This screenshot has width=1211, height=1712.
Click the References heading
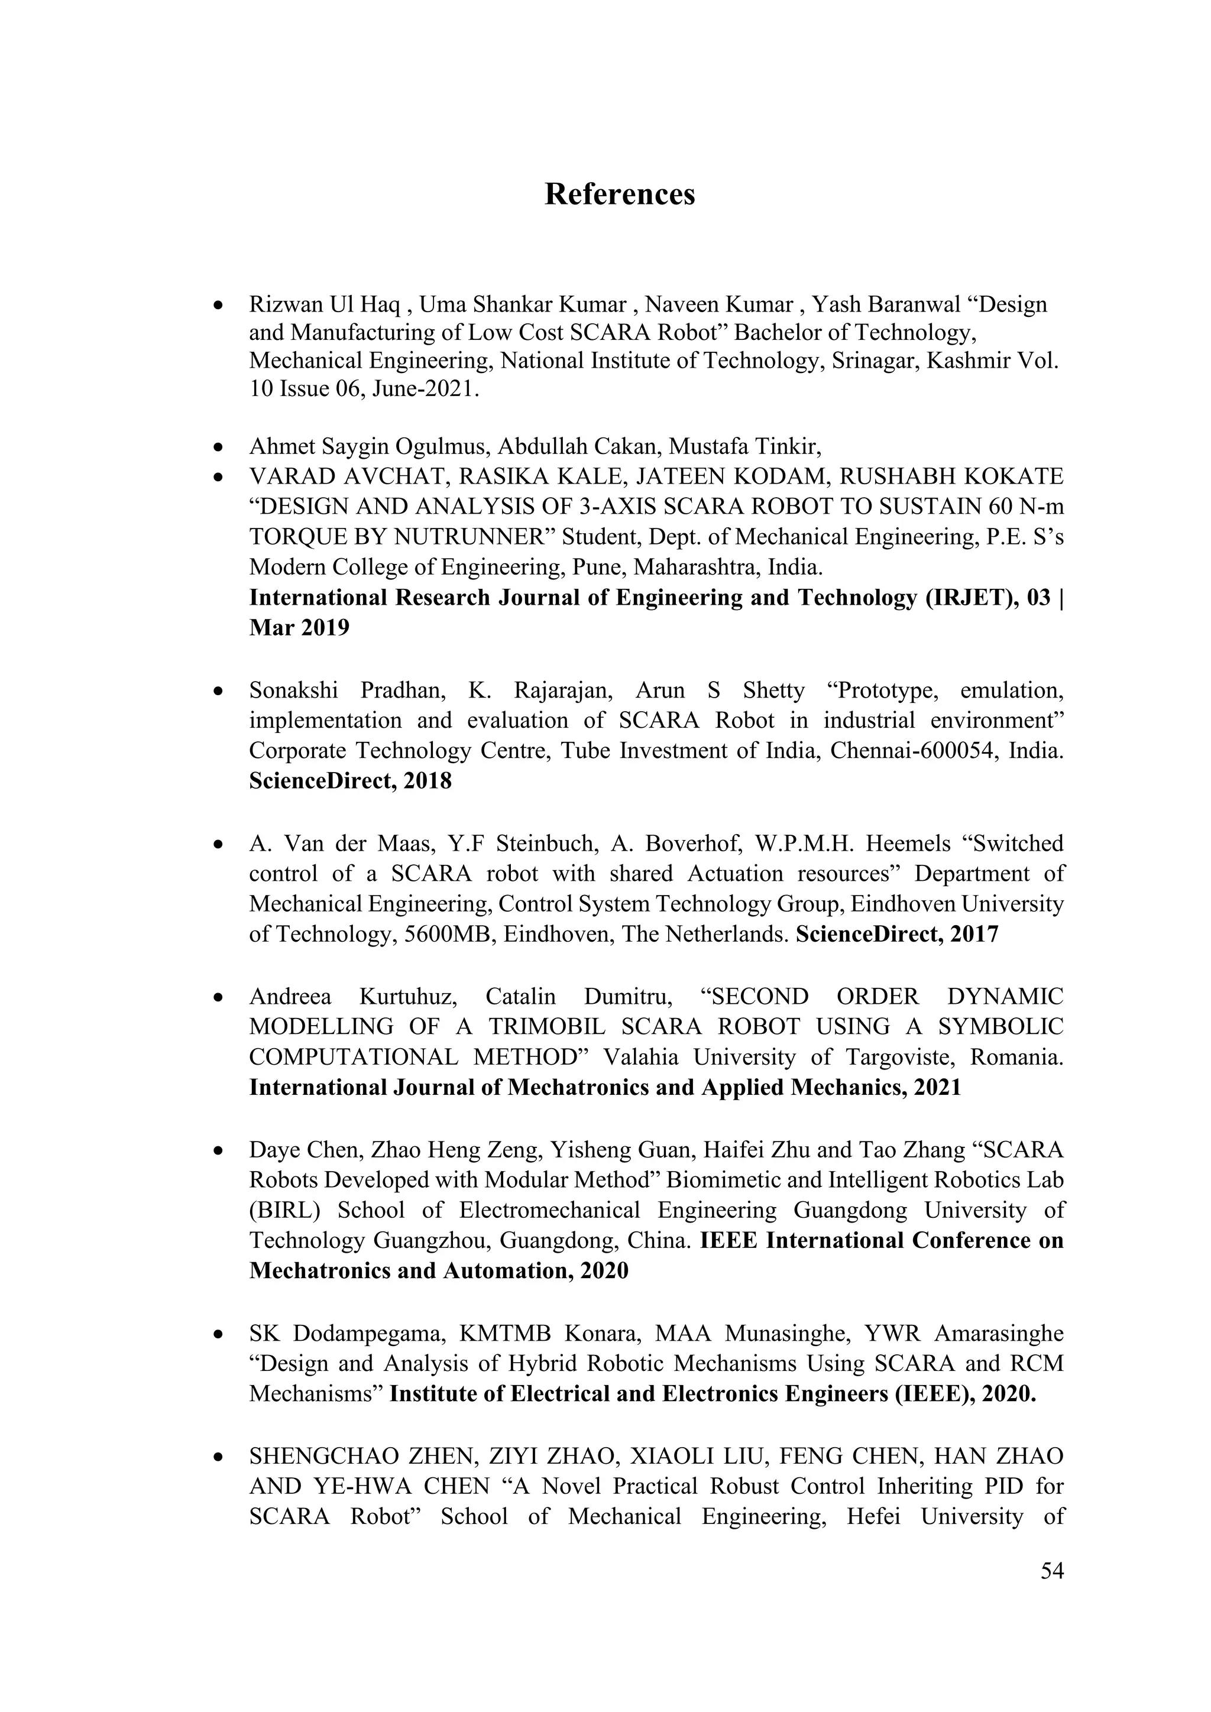coord(620,194)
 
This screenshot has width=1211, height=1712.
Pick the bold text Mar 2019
coord(299,628)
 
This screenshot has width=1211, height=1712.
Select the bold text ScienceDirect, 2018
coord(351,781)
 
